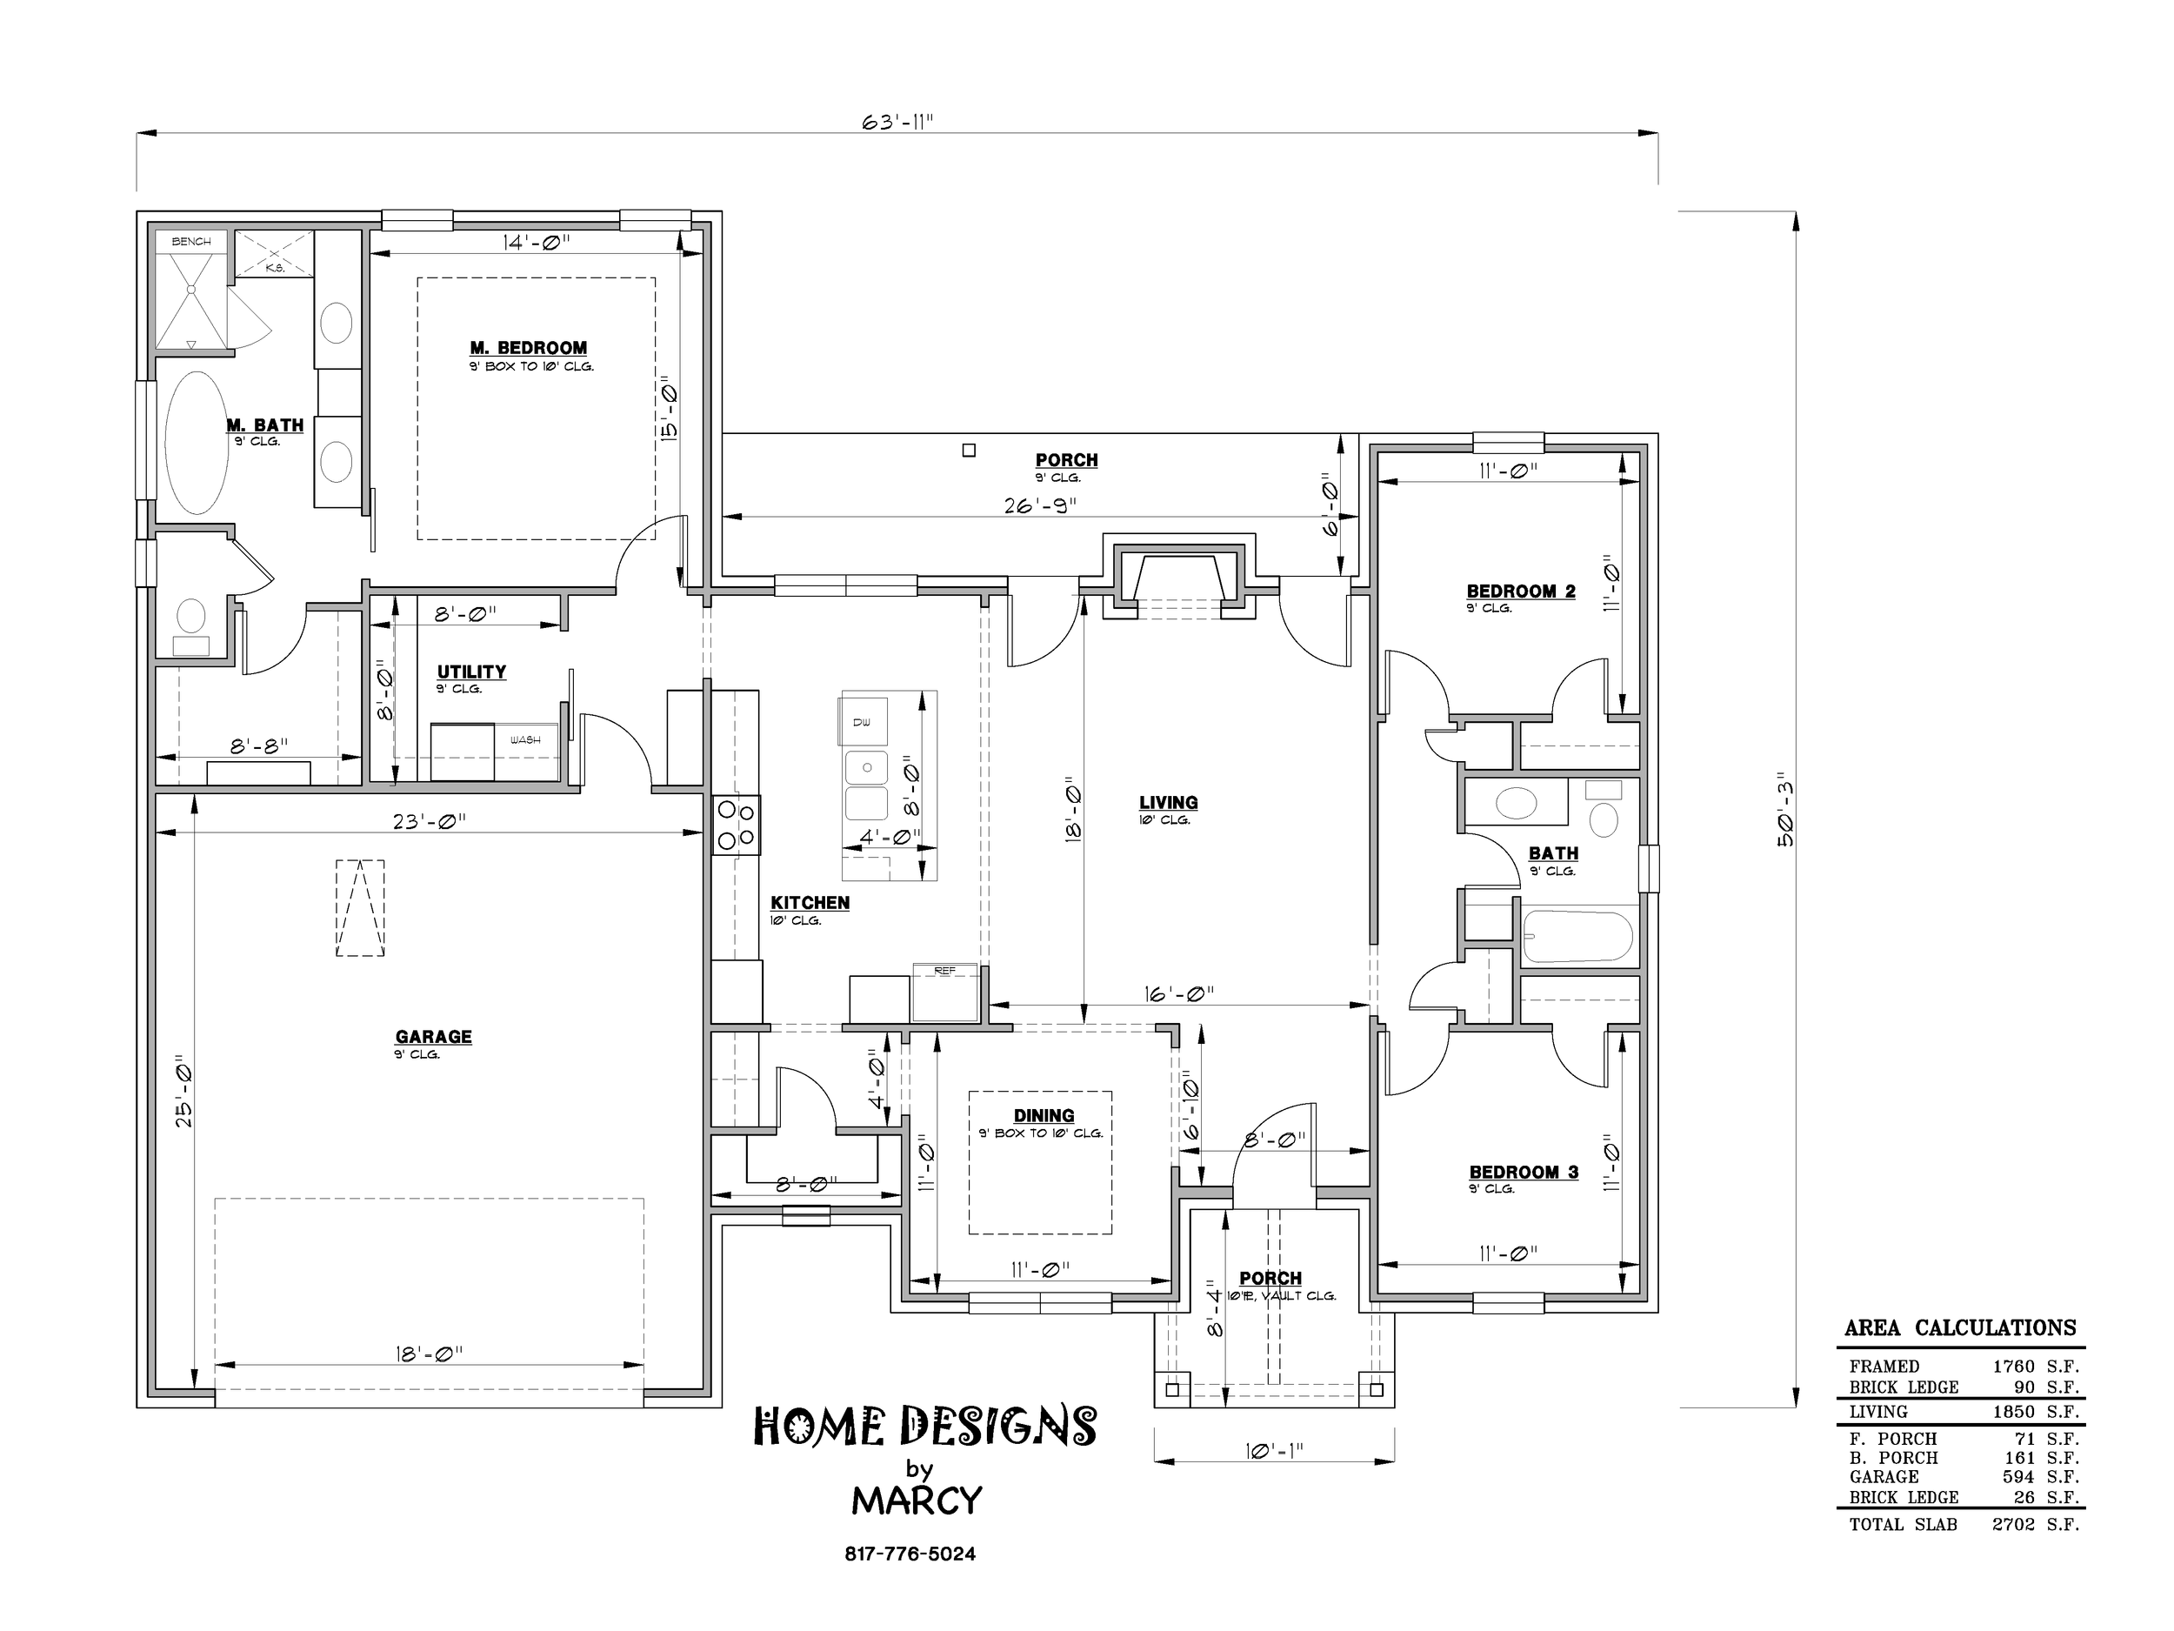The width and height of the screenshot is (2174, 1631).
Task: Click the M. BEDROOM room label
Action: click(x=529, y=348)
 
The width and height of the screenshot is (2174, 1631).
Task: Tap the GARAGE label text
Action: click(x=433, y=1036)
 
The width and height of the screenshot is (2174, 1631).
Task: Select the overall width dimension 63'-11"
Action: click(x=897, y=122)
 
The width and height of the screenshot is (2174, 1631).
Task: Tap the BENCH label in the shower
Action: click(x=191, y=242)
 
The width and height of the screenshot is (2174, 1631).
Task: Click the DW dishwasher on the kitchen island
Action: click(x=862, y=723)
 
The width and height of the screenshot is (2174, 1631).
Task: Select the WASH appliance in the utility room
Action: click(x=525, y=752)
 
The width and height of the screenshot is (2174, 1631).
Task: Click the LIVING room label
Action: click(x=1169, y=802)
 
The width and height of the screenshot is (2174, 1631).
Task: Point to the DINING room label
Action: click(x=1044, y=1115)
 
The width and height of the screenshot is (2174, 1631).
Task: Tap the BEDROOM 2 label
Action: click(x=1520, y=591)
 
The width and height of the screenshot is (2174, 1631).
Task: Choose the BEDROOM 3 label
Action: click(x=1524, y=1172)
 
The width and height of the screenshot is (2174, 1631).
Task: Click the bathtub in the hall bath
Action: click(x=1577, y=937)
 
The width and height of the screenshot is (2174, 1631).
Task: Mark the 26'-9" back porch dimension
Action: click(x=1040, y=505)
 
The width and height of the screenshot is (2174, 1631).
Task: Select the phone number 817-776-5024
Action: click(x=910, y=1554)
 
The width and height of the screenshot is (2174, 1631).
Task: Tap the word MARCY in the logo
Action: click(x=917, y=1501)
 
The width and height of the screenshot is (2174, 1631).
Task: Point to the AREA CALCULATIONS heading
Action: click(x=1960, y=1327)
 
